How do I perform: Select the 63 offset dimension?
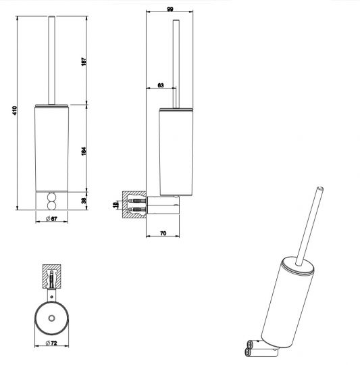160,84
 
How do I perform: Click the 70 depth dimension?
163,233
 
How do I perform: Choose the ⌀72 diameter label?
50,345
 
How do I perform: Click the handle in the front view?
51,61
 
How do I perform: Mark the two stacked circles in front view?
51,202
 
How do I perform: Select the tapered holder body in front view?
51,149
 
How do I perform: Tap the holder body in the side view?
175,149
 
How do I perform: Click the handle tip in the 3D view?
319,187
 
